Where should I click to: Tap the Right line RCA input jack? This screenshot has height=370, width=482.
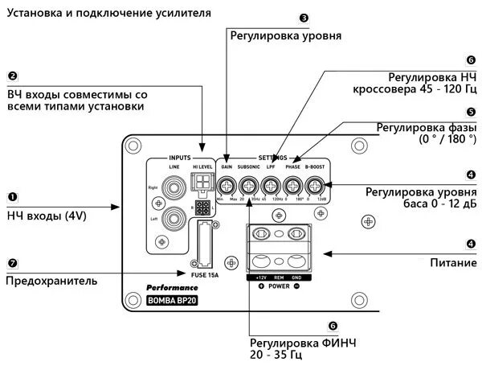coord(173,188)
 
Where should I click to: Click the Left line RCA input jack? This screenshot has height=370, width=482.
coord(173,218)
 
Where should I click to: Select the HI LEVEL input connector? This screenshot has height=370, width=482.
coord(202,181)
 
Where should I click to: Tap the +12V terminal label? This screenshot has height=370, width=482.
coord(261,277)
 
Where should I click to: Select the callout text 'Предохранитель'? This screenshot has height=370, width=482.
coord(51,281)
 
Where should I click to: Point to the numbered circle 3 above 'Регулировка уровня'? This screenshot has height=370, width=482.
coord(303,17)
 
